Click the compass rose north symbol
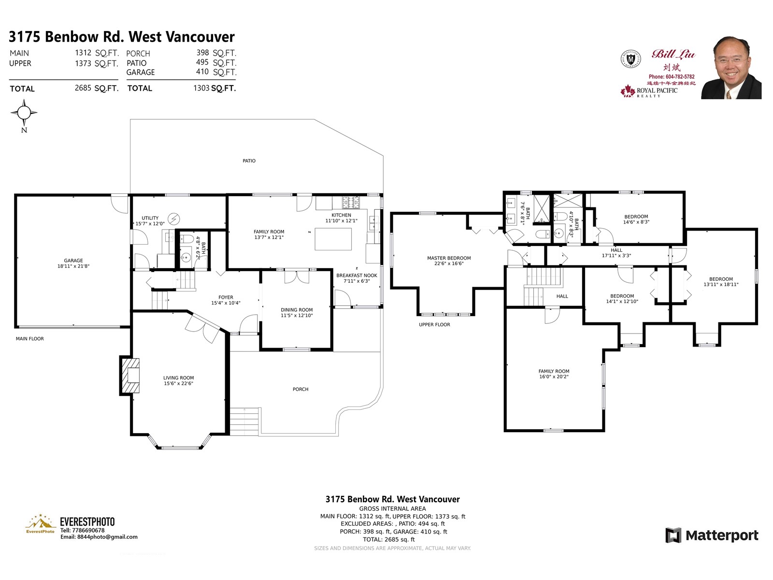pos(24,113)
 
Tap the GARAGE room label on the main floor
pos(73,261)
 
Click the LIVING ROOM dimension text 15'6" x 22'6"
pos(178,384)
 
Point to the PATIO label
pos(249,161)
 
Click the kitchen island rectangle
pos(333,239)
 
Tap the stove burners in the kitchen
pos(351,202)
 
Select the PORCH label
pos(300,389)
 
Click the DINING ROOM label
pos(297,310)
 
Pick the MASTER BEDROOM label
pos(448,258)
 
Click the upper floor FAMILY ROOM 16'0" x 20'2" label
pos(554,374)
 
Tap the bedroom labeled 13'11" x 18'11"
pos(721,282)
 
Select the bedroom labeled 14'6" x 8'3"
pos(636,219)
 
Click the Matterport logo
pos(712,535)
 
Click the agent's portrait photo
pos(731,68)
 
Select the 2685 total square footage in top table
pos(83,88)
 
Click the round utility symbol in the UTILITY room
pos(173,219)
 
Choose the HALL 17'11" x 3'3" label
pos(616,253)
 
